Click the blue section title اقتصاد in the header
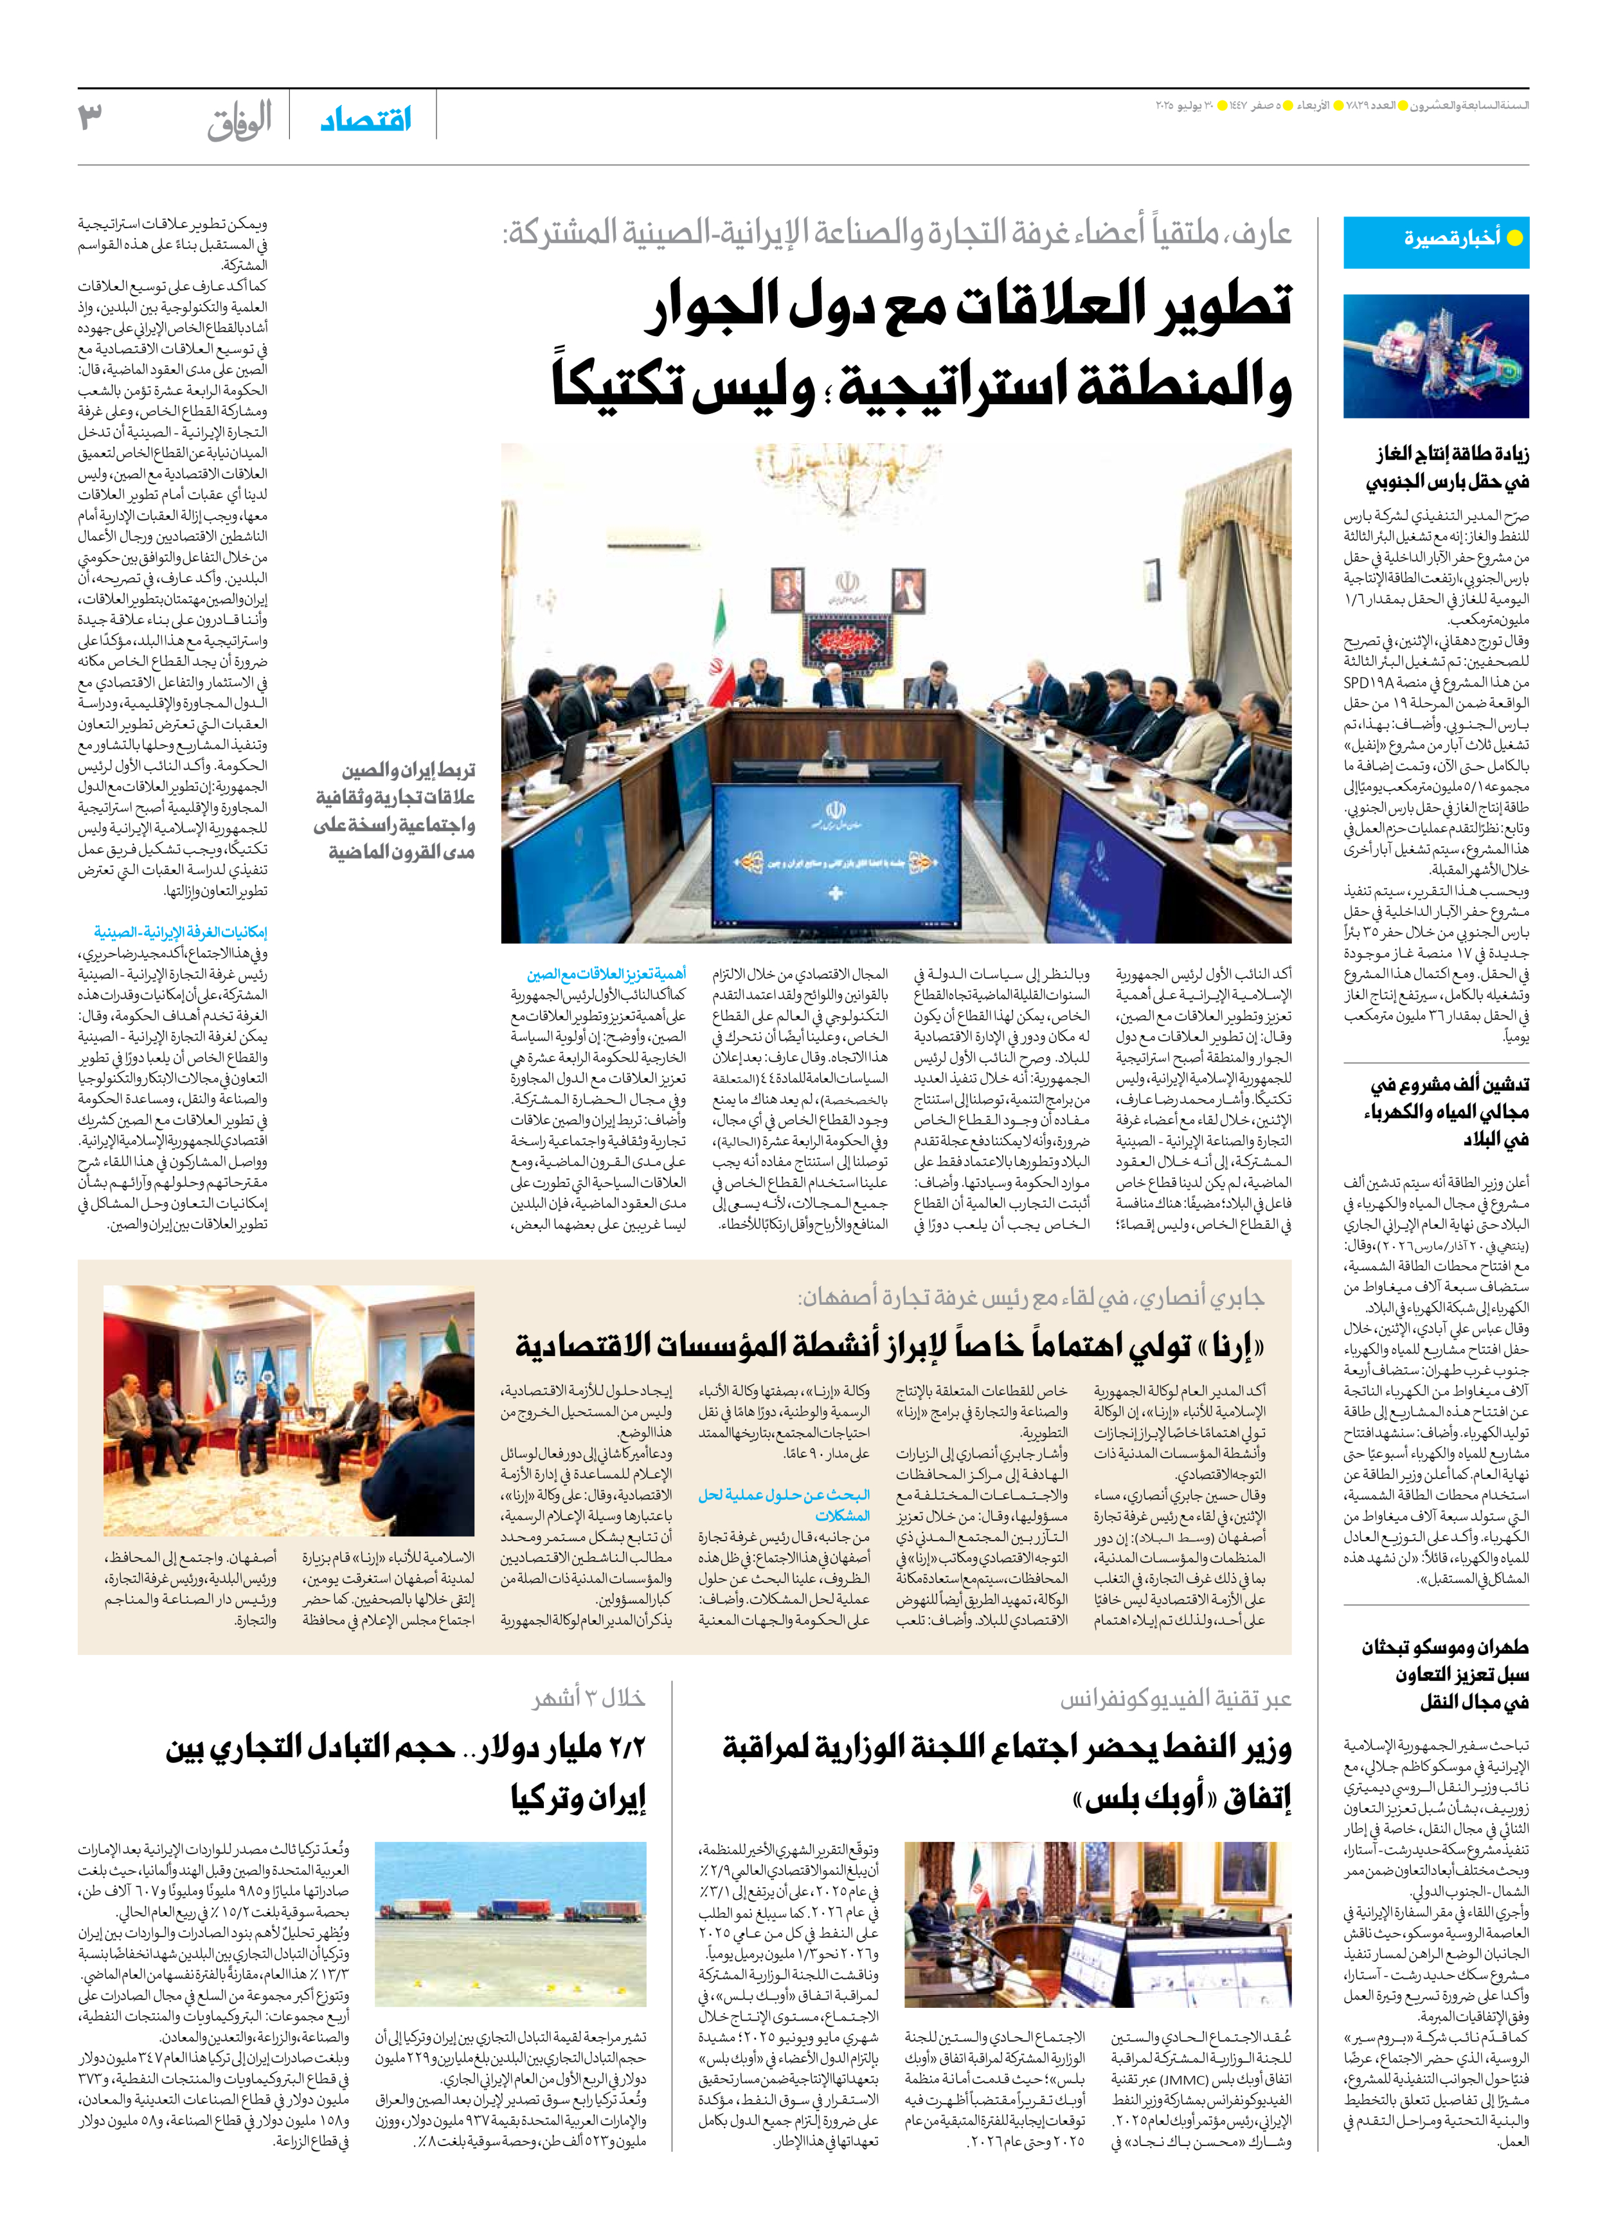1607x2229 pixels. tap(366, 120)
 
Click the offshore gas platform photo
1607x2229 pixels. tap(1436, 356)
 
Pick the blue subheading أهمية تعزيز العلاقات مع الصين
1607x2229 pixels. tap(606, 974)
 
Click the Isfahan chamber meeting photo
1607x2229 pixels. tap(289, 1410)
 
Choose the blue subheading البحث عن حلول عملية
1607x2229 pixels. tap(784, 1505)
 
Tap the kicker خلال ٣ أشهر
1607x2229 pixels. tap(589, 1698)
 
